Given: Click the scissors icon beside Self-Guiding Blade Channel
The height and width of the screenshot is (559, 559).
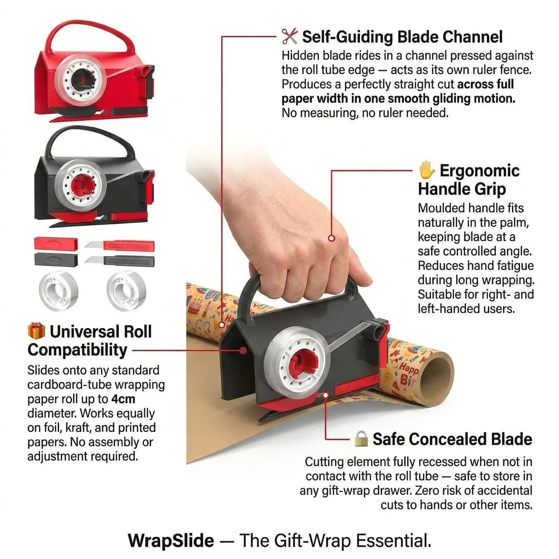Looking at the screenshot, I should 290,37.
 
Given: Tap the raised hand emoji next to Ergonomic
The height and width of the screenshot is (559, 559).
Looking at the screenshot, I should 426,170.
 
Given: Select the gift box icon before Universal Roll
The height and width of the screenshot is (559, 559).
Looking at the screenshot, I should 36,331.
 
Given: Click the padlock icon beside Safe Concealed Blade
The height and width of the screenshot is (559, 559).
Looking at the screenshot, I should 361,439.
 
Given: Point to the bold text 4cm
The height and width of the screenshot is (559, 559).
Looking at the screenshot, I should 123,399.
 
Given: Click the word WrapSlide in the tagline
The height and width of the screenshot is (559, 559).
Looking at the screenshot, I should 171,540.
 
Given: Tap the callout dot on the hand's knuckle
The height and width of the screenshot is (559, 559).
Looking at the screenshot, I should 331,238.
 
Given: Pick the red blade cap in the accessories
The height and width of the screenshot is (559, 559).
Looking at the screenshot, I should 56,244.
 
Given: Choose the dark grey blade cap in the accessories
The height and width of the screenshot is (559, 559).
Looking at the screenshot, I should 56,259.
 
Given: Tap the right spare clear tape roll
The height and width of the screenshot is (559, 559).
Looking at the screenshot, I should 126,290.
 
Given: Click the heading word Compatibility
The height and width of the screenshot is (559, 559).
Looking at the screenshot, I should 78,350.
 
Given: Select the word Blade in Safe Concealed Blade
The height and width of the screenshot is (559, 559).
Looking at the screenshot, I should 511,439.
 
